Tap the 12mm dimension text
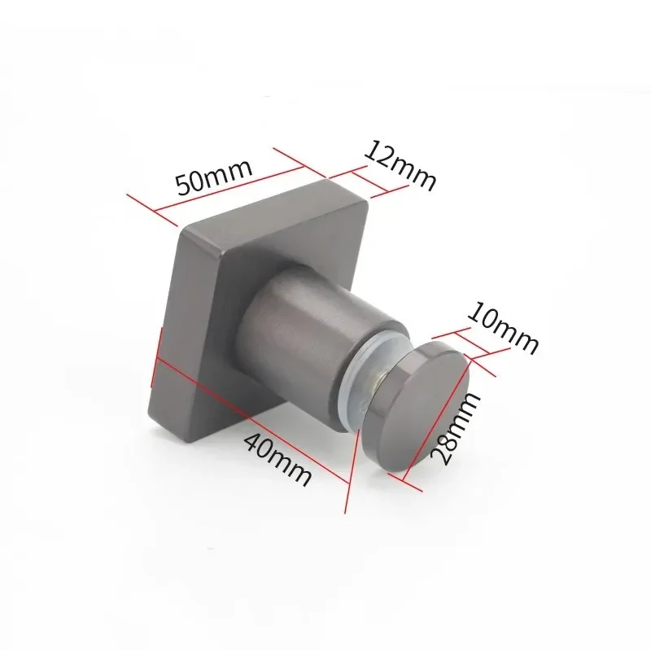(x=400, y=166)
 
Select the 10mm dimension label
(x=503, y=329)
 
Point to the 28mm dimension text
(x=456, y=430)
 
